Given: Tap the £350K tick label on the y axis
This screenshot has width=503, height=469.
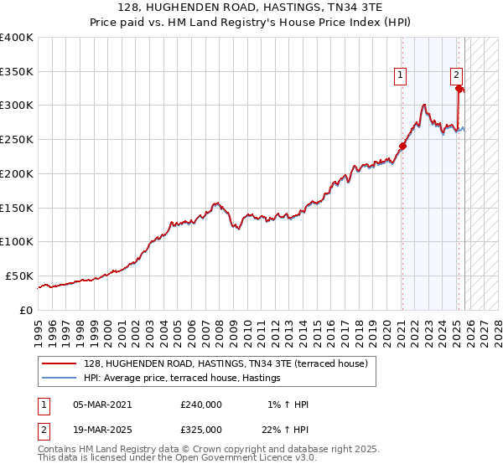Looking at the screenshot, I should (17, 72).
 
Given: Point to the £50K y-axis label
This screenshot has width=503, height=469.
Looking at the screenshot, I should (18, 276).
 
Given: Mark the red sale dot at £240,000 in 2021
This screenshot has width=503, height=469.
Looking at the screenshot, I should (402, 146).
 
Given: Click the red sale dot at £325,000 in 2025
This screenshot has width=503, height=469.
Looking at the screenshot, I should (459, 88).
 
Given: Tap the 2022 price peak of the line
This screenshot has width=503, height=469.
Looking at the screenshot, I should (425, 106).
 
